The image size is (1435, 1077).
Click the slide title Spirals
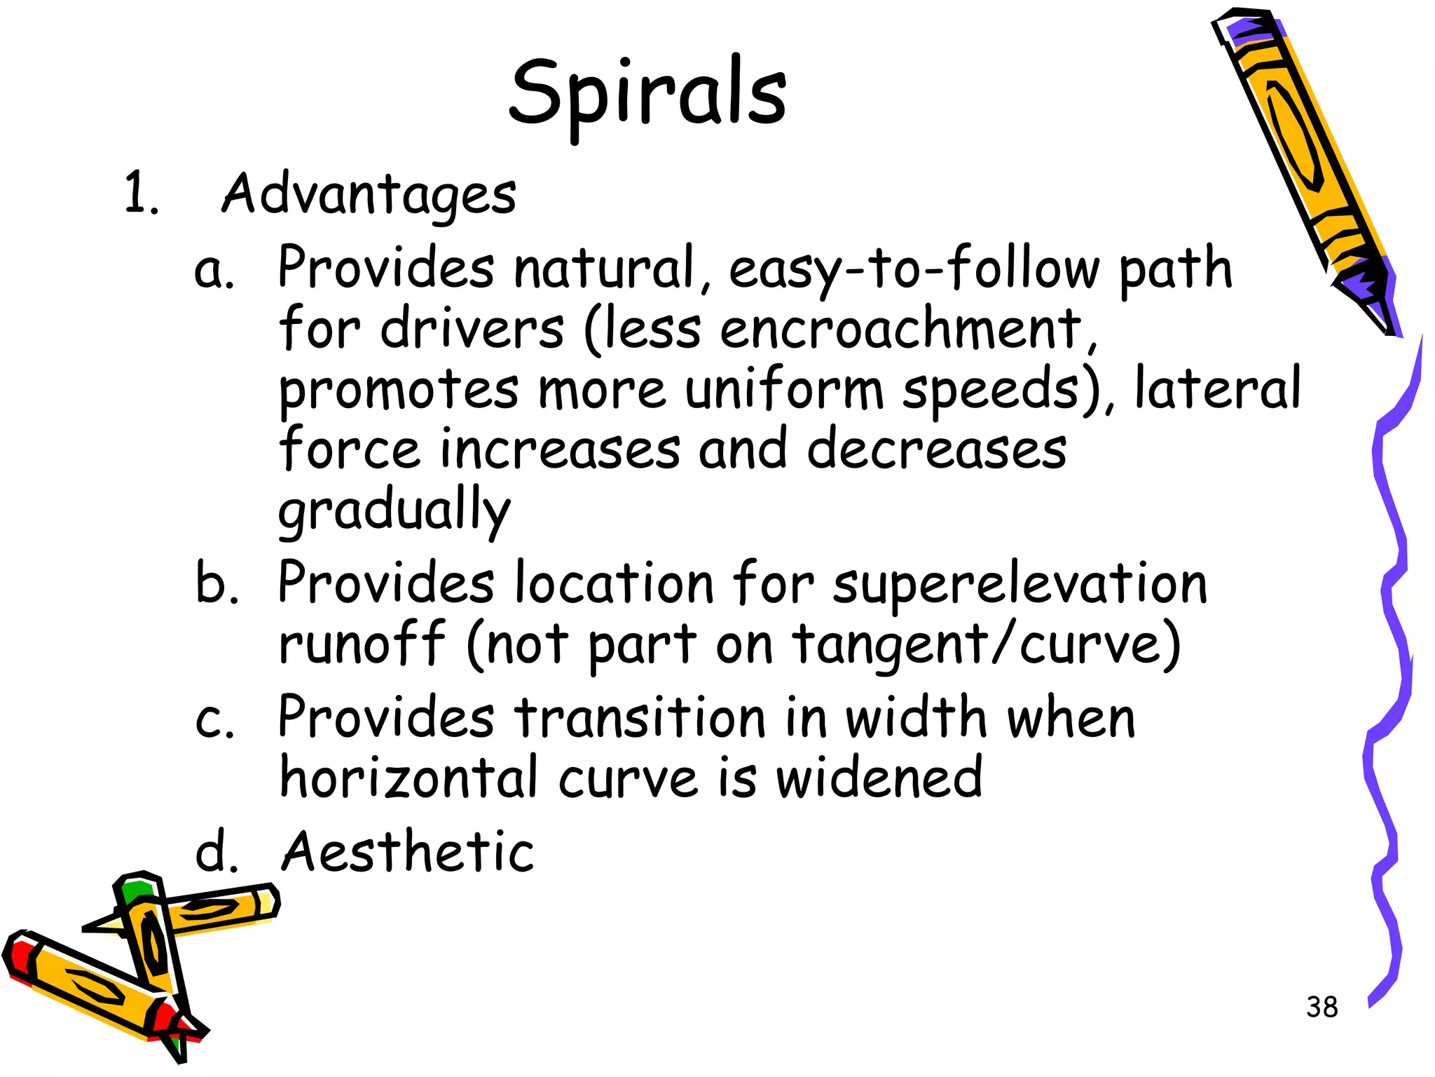pos(648,95)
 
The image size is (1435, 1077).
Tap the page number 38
pos(1321,1007)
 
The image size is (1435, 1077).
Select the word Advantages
pos(369,194)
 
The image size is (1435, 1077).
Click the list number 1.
pos(141,194)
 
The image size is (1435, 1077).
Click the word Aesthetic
pos(407,852)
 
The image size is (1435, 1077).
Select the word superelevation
pos(1020,583)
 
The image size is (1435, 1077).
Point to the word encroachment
pos(901,330)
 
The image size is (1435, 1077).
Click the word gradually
pos(394,510)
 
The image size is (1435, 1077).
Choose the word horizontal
pos(409,778)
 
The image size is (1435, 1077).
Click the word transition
pos(640,718)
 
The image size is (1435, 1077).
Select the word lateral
pos(1217,389)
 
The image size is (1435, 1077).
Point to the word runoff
pos(362,644)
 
